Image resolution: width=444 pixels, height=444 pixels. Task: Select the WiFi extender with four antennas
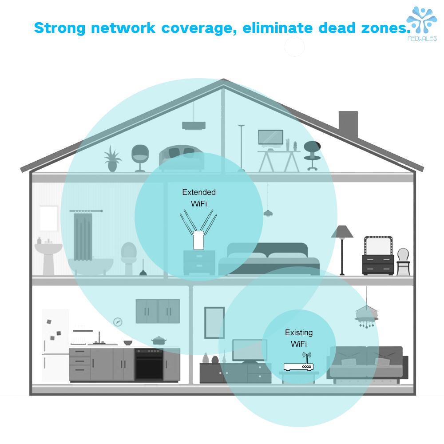coord(198,230)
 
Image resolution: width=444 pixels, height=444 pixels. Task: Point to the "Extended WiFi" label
coord(199,198)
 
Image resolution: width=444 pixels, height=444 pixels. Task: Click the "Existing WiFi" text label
coord(299,338)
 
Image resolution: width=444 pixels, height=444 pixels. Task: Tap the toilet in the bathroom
coord(128,258)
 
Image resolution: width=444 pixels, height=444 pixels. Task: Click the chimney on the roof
coord(348,126)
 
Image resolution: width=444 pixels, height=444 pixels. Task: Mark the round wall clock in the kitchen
coord(118,321)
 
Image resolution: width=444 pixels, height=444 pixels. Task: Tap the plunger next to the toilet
coord(143,269)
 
